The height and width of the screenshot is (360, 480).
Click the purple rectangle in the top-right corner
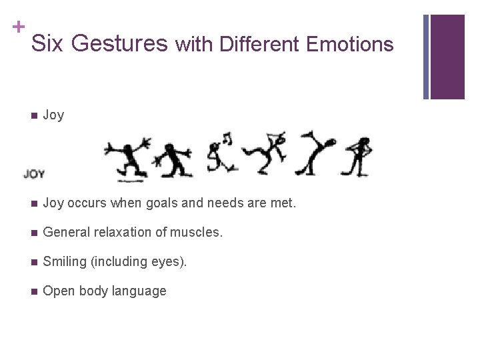click(x=447, y=57)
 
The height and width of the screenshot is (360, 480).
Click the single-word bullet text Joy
click(x=53, y=115)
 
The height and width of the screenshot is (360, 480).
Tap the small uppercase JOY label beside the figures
click(x=34, y=174)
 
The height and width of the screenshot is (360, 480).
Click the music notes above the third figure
click(x=227, y=139)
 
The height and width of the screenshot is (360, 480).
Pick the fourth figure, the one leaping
click(x=265, y=153)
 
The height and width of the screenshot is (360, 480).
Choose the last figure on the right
click(x=361, y=156)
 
